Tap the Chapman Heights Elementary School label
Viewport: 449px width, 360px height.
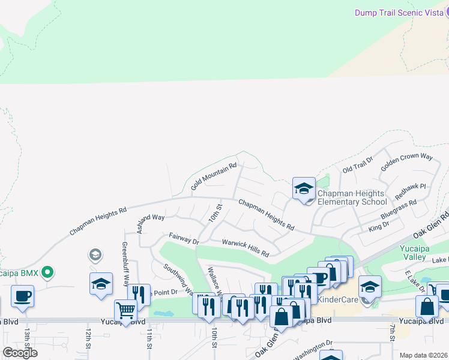pos(352,197)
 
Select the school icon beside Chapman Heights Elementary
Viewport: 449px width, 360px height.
pos(304,188)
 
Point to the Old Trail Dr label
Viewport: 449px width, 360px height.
pos(358,164)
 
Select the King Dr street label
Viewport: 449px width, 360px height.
pos(379,225)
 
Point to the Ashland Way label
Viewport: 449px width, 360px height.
pos(151,219)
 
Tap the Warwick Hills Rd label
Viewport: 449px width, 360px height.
pos(246,247)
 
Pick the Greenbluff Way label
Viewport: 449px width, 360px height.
pos(126,258)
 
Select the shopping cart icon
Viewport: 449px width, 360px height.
pos(125,310)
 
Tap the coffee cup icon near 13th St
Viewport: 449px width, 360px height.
pos(22,296)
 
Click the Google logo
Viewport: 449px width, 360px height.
pos(20,352)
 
